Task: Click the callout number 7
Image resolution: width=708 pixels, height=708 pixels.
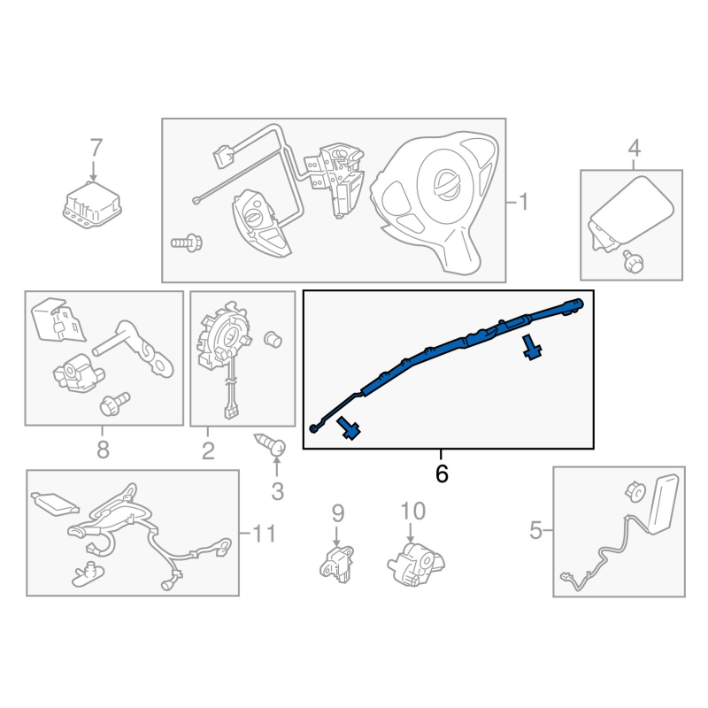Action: [x=96, y=148]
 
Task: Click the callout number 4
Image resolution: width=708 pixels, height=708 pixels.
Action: [x=634, y=148]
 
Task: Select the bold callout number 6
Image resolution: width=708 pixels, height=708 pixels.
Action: [x=442, y=473]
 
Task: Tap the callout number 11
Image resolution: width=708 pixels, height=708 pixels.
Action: [x=264, y=534]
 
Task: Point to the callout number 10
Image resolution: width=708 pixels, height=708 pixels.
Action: [x=412, y=512]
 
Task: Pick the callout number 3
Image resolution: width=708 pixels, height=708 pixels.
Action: [x=277, y=491]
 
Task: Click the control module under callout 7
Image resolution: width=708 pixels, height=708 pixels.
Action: [x=92, y=204]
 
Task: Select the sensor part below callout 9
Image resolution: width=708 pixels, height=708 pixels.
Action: [x=336, y=564]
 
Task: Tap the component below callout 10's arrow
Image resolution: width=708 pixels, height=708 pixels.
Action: [x=415, y=565]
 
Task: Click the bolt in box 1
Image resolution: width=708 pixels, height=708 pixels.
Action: [x=187, y=243]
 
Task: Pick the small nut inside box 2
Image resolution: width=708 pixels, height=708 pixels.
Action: [x=273, y=339]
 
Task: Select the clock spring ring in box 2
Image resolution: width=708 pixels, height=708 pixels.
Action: [x=225, y=335]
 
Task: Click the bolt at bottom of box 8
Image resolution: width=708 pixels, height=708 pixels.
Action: [x=115, y=404]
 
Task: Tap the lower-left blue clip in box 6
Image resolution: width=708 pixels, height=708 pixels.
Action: [x=349, y=427]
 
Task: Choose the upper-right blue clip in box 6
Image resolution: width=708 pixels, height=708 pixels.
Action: [x=532, y=347]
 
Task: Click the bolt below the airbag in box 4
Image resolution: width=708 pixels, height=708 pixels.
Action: [x=633, y=261]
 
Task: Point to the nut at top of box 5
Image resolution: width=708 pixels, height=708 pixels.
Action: [x=636, y=492]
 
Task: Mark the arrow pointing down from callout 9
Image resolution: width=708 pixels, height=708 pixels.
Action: [x=336, y=535]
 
